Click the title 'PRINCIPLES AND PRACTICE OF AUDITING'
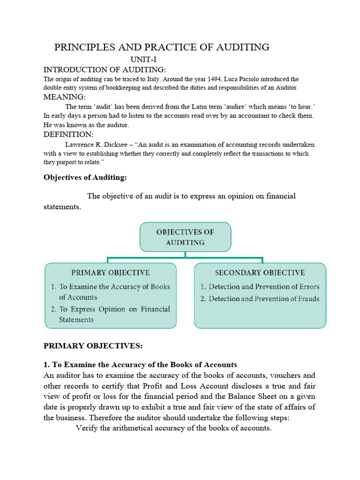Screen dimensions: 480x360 162,47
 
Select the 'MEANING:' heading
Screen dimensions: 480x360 64,97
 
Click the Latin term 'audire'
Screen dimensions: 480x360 249,106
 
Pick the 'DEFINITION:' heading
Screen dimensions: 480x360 68,135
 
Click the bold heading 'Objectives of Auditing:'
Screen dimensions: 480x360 85,177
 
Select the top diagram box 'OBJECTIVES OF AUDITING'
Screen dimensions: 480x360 185,237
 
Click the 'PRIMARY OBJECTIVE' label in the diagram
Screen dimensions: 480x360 110,272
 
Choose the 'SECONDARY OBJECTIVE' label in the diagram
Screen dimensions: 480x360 260,272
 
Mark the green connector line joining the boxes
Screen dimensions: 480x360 185,257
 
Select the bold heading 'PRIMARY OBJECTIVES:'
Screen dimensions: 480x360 92,346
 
